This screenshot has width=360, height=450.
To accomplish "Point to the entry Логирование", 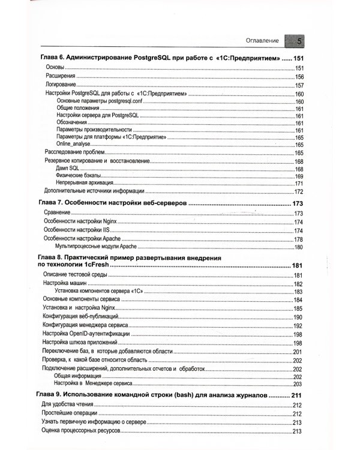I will (62, 85).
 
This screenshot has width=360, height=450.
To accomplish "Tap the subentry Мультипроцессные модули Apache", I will (96, 247).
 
